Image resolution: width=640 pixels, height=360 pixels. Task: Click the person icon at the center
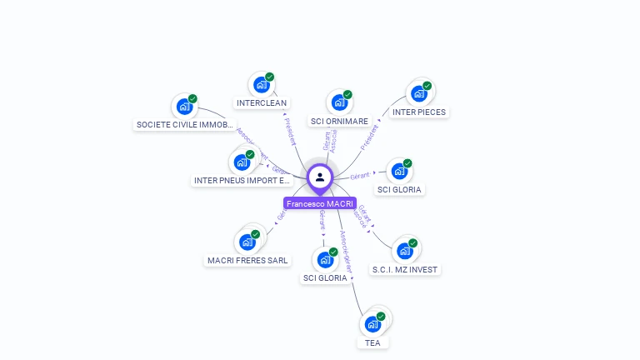tap(320, 177)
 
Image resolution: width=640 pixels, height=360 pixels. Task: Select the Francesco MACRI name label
tap(320, 203)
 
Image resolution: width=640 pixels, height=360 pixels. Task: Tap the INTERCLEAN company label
tap(262, 103)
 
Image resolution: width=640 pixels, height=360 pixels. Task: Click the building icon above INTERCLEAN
tap(261, 84)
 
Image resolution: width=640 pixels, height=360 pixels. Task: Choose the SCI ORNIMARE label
tap(339, 121)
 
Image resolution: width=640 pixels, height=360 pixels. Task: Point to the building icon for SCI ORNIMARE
tap(338, 102)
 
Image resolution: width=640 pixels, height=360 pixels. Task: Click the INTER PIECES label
tap(418, 112)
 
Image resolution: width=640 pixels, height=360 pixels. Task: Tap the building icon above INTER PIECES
tap(418, 92)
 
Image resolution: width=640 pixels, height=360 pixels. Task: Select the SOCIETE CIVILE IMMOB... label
tap(184, 125)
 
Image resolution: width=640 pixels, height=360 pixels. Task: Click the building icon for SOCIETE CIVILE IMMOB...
tap(183, 106)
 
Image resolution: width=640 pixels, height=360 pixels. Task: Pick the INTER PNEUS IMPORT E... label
tap(242, 180)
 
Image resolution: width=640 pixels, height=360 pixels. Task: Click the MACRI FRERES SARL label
tap(247, 260)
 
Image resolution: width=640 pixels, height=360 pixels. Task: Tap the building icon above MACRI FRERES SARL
tap(247, 242)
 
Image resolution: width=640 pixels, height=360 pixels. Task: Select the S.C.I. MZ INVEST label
tap(405, 269)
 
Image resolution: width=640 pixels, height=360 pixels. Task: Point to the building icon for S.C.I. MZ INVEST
tap(404, 250)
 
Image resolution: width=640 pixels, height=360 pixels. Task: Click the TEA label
tap(372, 342)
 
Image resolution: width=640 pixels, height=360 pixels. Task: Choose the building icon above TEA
tap(372, 323)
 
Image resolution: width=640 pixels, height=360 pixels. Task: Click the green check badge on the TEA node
tap(381, 317)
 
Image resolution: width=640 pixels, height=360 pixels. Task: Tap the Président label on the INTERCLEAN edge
tap(289, 131)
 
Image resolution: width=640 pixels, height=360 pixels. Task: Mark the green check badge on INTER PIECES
tap(427, 86)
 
